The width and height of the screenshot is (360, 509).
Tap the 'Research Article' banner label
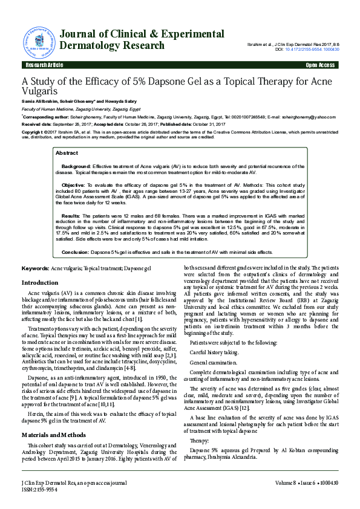coord(42,65)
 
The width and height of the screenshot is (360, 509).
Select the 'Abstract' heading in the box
coord(67,154)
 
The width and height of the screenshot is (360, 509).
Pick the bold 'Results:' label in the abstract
coord(71,215)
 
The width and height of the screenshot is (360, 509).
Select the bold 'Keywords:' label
coord(36,268)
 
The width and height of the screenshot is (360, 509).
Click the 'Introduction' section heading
coord(40,283)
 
